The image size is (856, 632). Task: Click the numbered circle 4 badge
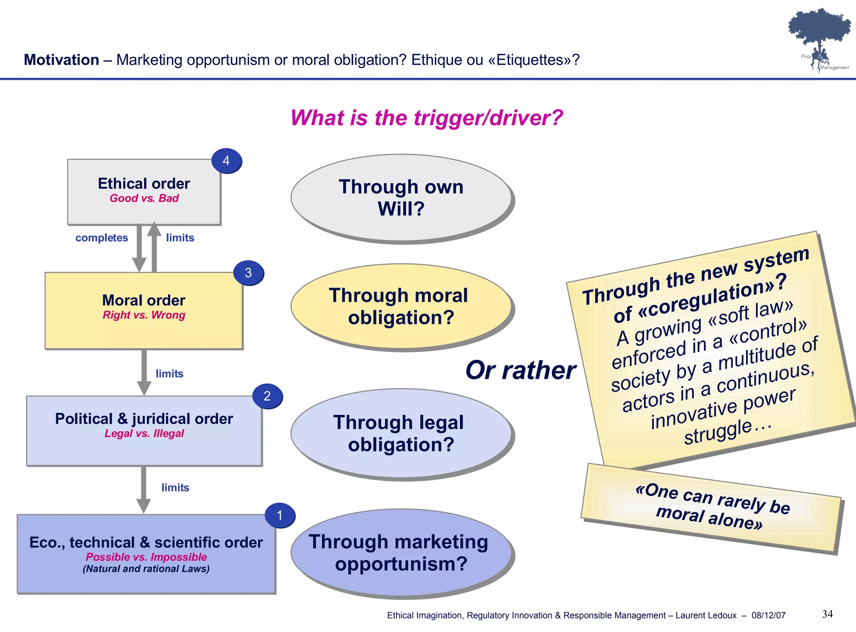click(x=226, y=161)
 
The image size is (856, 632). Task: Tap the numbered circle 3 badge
click(x=248, y=273)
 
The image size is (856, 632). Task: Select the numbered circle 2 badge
click(x=267, y=396)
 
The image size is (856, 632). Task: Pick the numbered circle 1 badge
click(x=280, y=515)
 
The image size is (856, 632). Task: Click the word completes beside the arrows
click(x=102, y=238)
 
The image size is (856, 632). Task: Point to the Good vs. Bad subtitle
click(x=144, y=198)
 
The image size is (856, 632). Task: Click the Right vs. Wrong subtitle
click(x=144, y=315)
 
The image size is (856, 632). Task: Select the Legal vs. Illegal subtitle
click(x=144, y=433)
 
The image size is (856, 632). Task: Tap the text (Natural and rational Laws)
click(x=146, y=569)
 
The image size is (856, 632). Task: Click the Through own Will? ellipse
click(x=401, y=198)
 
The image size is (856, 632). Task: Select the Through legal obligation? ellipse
click(x=401, y=433)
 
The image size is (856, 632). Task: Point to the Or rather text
click(x=520, y=370)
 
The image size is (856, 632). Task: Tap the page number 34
click(x=827, y=614)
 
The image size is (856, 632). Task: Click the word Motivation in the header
click(x=61, y=60)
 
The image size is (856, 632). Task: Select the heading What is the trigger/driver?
click(x=426, y=118)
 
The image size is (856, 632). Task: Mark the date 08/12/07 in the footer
click(x=768, y=615)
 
